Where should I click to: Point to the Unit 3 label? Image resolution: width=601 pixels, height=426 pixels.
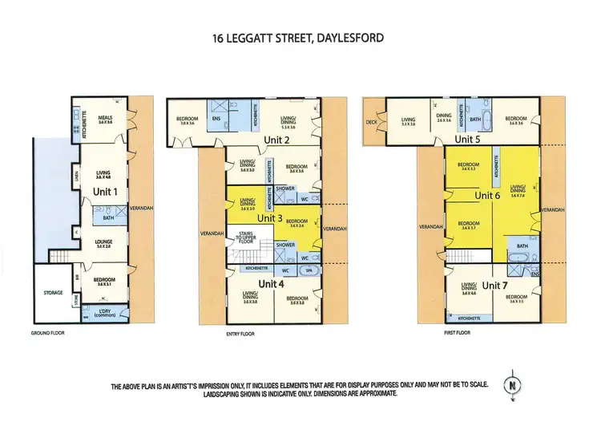tap(270, 217)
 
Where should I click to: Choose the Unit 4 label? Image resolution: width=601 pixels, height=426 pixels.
tap(271, 283)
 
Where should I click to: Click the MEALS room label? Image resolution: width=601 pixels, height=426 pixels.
tap(106, 117)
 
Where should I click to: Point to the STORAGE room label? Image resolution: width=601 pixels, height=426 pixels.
tap(51, 293)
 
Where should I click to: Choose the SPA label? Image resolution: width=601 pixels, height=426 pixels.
tap(309, 271)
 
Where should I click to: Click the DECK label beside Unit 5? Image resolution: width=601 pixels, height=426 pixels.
tap(372, 123)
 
